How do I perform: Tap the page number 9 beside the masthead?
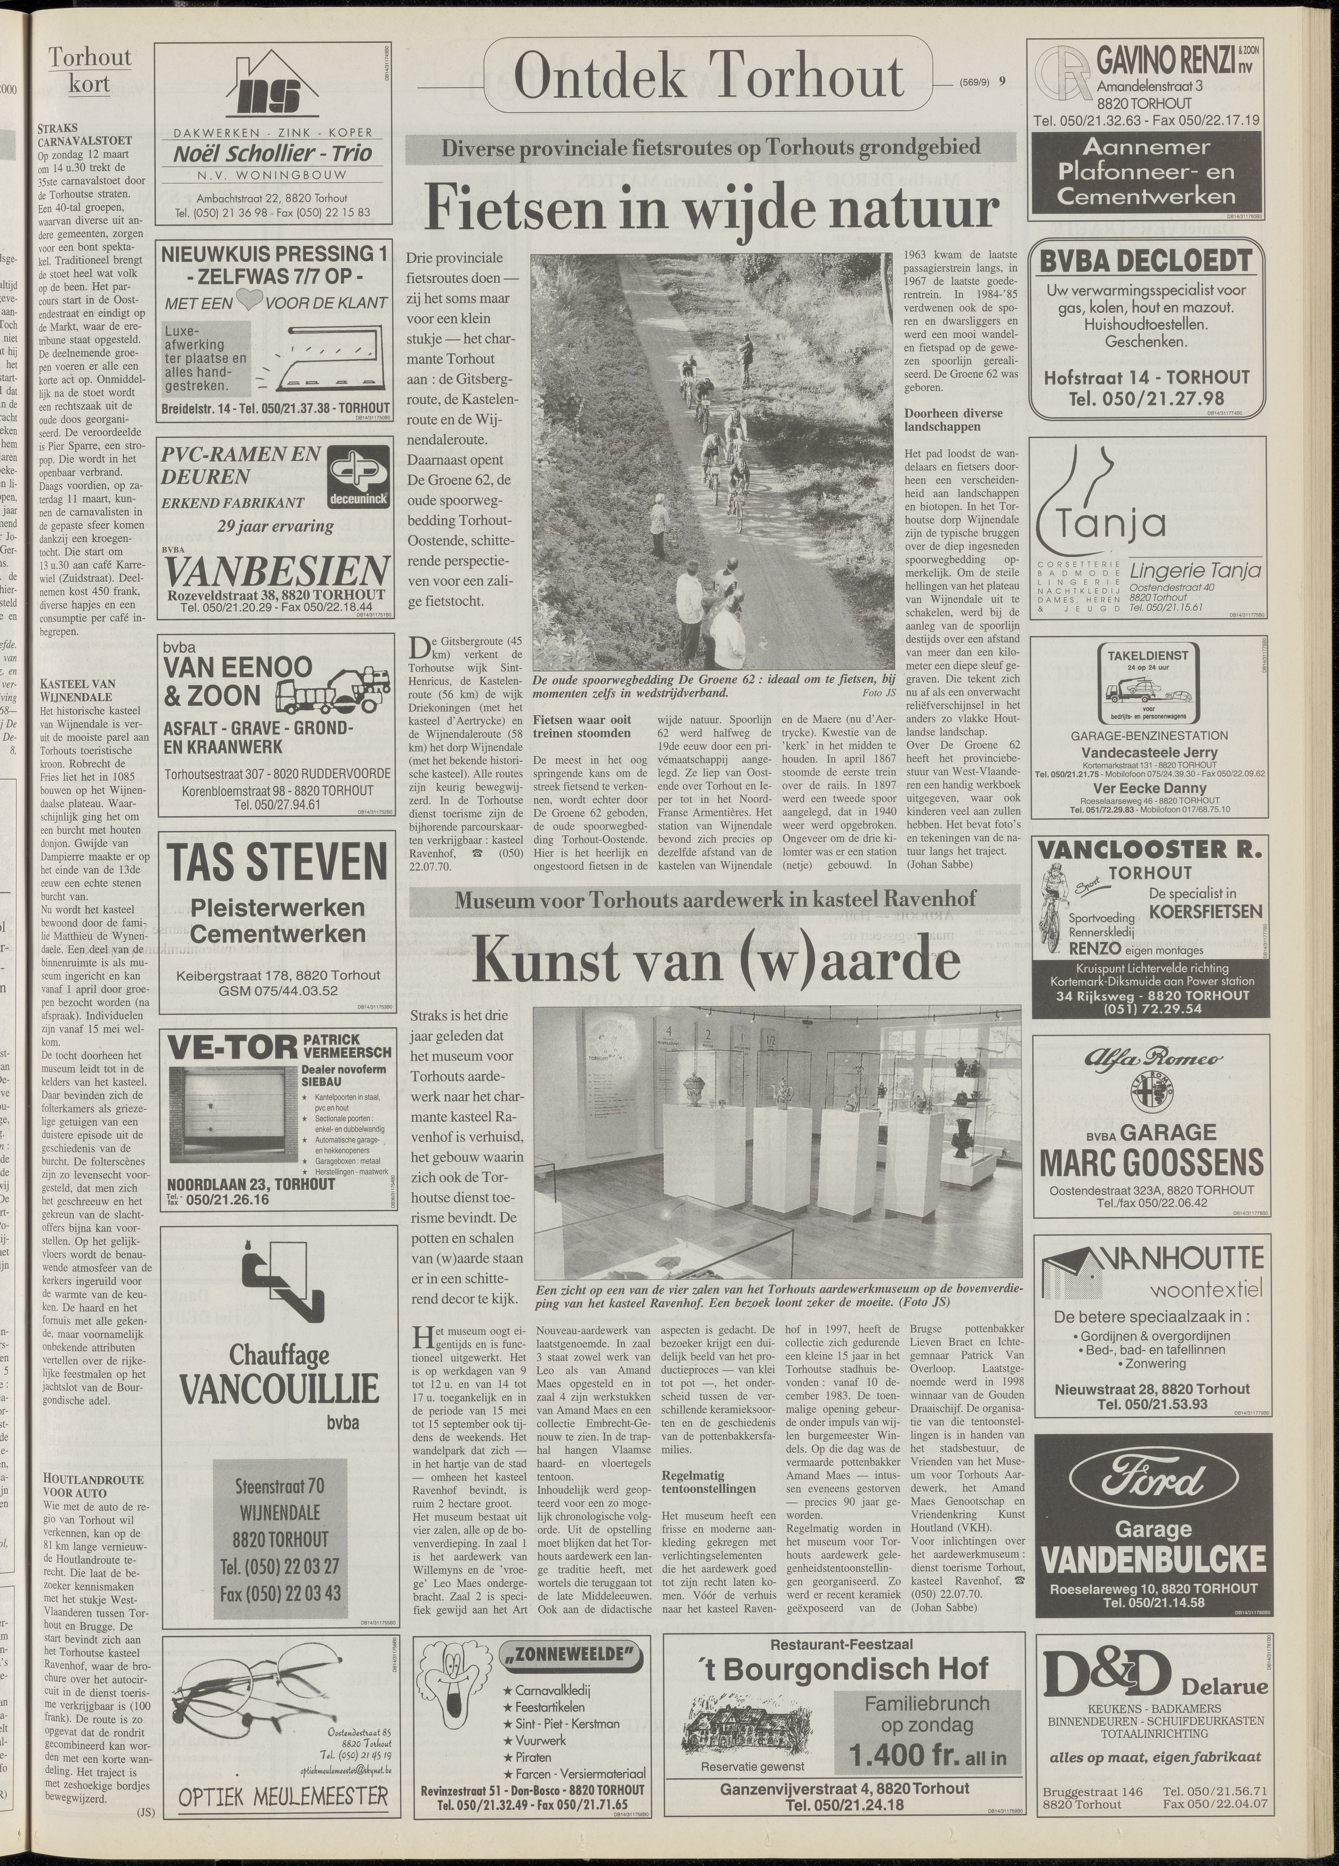pos(1002,81)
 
